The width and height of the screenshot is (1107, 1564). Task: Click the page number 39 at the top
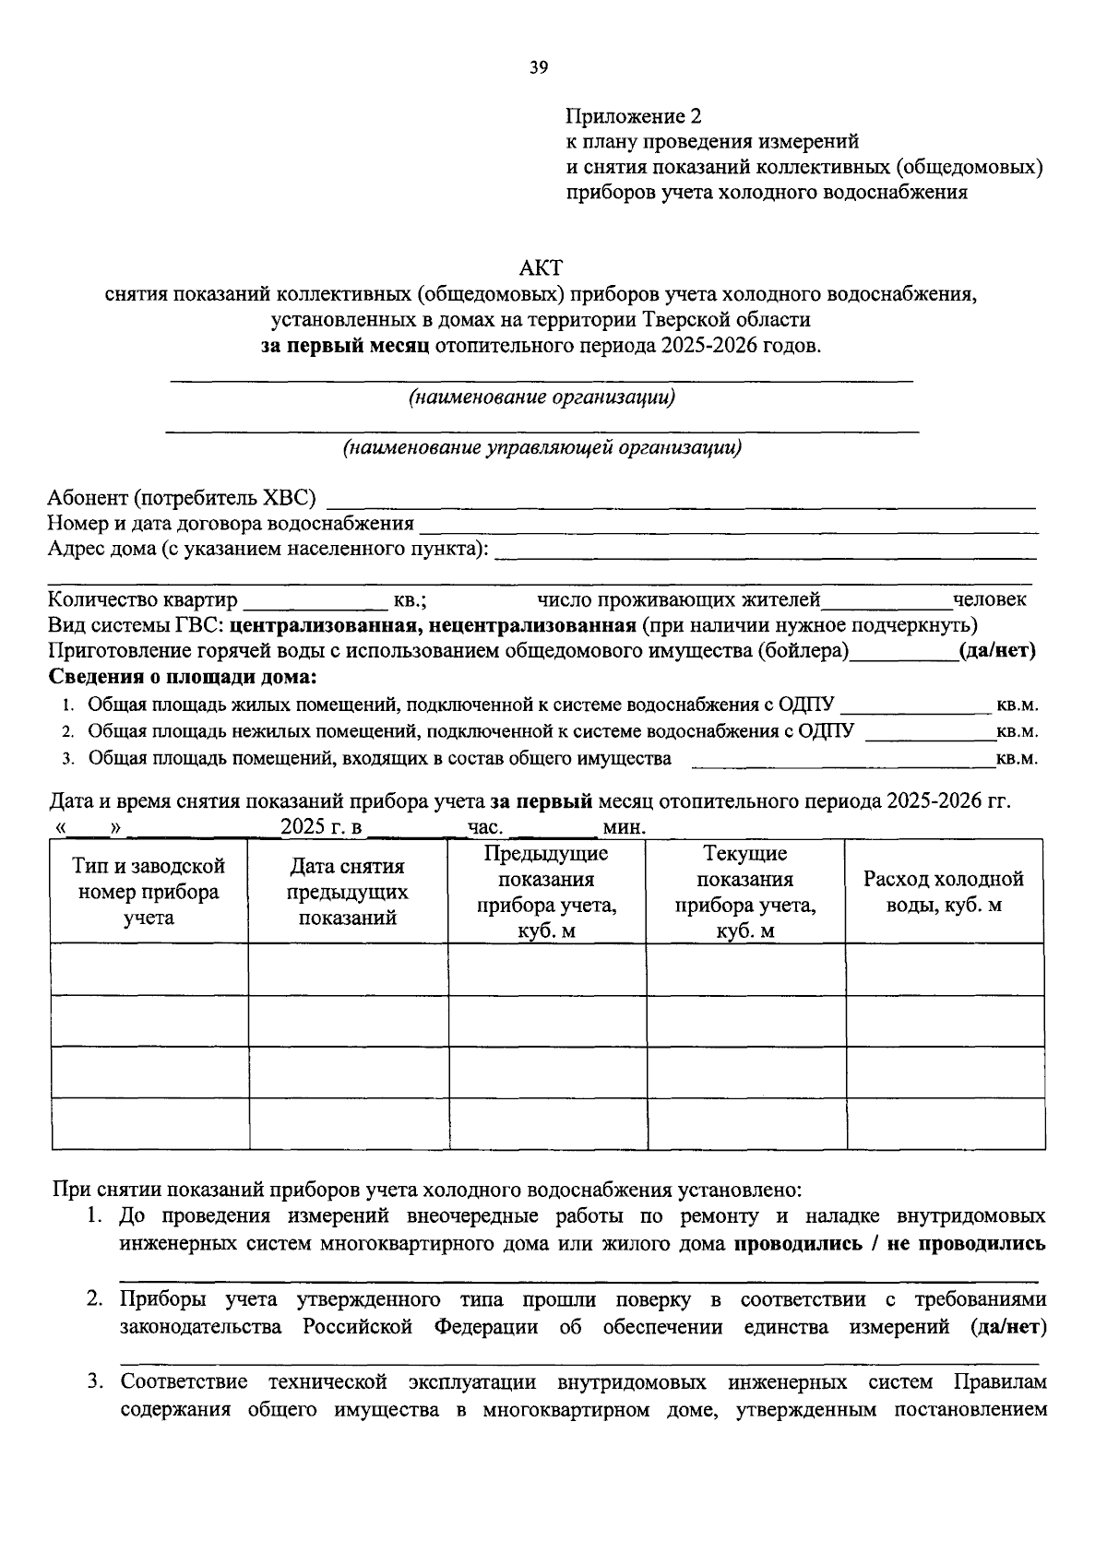540,66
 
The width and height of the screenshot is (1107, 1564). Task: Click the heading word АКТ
541,268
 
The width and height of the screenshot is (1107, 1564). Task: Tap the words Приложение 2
633,116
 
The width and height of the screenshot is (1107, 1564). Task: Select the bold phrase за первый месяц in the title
344,347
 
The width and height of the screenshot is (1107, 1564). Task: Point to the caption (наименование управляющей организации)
542,448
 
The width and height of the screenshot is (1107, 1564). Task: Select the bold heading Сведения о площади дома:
182,678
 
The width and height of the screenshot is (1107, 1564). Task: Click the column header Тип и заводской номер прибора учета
149,892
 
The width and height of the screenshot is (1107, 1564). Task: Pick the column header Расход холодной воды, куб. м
944,892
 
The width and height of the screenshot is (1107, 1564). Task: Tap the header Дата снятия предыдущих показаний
347,892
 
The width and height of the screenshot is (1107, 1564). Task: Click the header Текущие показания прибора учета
744,892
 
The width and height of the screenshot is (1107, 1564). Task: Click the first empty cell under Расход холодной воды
945,969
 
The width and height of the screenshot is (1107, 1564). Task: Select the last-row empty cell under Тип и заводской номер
149,1124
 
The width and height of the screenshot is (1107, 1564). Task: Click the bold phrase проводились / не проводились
889,1243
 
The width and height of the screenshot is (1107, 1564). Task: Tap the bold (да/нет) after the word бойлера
997,651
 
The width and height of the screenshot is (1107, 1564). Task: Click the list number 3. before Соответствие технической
95,1382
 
